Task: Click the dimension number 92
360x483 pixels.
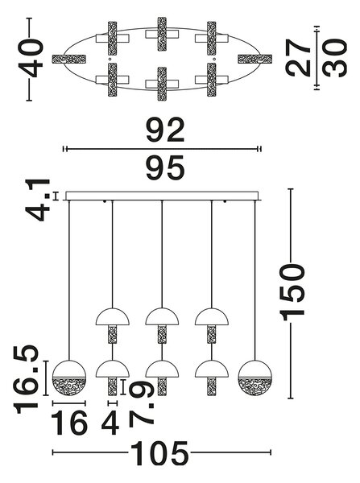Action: (166, 130)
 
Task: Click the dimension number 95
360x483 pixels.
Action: (166, 167)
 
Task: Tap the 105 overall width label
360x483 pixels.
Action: (159, 452)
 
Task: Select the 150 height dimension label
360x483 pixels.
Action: (292, 291)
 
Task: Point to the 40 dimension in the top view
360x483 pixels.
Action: (31, 58)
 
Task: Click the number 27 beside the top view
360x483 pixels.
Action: (298, 58)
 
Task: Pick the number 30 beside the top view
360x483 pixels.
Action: (335, 58)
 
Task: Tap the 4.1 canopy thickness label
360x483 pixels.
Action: (38, 200)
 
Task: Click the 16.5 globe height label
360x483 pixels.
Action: (27, 379)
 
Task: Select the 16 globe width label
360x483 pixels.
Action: (69, 423)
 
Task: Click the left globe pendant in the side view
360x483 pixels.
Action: (69, 378)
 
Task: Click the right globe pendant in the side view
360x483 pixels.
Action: (254, 378)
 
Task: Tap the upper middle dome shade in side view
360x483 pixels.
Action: (162, 316)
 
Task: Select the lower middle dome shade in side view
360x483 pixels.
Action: (162, 369)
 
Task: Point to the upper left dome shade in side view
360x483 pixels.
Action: (113, 316)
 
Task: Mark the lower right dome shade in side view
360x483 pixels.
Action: (212, 369)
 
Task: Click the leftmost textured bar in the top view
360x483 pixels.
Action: (69, 59)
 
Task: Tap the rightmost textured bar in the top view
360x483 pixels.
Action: (254, 59)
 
